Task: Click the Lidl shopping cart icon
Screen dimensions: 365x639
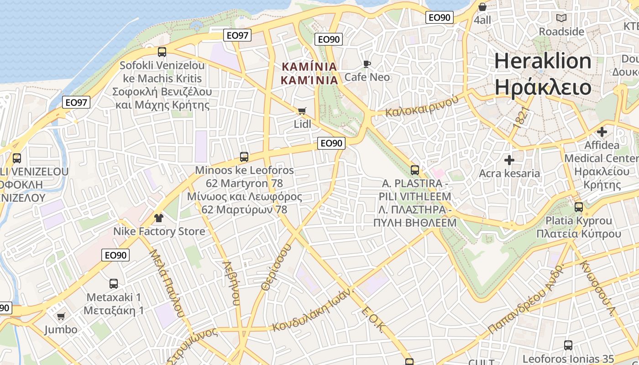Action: [x=302, y=111]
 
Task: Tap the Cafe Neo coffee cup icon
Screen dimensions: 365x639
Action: [x=367, y=64]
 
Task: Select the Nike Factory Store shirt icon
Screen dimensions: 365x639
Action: [x=158, y=218]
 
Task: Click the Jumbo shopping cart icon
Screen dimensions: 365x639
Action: [x=61, y=316]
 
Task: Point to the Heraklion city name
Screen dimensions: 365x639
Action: [x=543, y=61]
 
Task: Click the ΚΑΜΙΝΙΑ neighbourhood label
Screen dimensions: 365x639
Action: [x=310, y=67]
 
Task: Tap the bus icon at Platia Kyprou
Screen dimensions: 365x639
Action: [x=579, y=207]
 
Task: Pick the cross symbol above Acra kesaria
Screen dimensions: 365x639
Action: [x=509, y=160]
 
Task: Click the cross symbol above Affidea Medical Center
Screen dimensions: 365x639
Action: [x=602, y=132]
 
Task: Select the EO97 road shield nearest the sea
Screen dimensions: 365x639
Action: [x=238, y=35]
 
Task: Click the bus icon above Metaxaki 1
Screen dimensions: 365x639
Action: [x=114, y=283]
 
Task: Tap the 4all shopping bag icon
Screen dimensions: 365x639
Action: [x=482, y=7]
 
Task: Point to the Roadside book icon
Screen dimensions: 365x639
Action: [x=561, y=18]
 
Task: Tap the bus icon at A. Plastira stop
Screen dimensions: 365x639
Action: [x=415, y=170]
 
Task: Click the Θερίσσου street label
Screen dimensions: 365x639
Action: [x=276, y=267]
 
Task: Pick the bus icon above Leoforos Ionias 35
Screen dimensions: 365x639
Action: [x=568, y=345]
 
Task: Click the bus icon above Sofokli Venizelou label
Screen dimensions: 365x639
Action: [x=162, y=52]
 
